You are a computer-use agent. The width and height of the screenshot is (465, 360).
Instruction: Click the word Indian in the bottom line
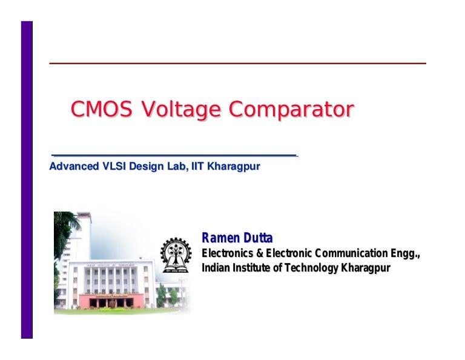pos(215,268)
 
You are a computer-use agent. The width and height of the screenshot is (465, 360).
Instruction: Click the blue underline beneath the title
pos(174,156)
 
